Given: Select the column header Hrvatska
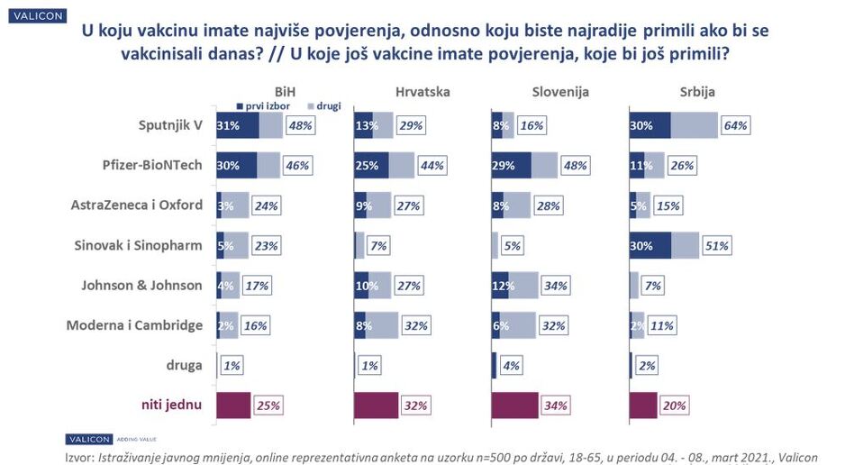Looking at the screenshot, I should pos(422,92).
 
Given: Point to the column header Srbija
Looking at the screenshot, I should pos(697,92).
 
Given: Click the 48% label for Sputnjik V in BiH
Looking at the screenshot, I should pos(299,126).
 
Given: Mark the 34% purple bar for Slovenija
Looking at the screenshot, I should pos(515,405).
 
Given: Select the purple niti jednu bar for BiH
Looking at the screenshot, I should pos(233,405).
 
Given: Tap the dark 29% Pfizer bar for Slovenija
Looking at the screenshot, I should pos(512,166).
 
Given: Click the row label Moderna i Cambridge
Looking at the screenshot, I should pos(134,324).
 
